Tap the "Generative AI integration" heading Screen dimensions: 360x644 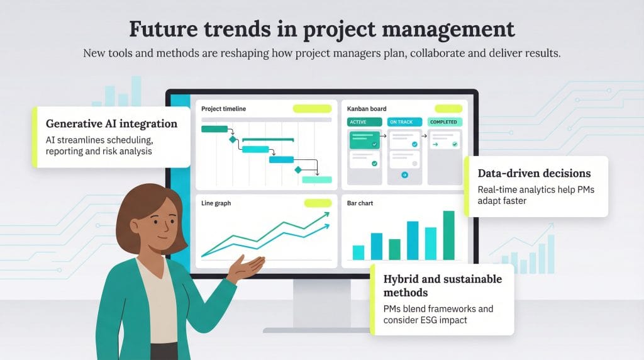[111, 123]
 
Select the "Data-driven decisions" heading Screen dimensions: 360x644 [534, 173]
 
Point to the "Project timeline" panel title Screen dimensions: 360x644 [223, 109]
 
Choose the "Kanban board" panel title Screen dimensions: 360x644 [367, 109]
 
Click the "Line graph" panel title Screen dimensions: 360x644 [216, 203]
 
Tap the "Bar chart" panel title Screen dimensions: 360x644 [360, 203]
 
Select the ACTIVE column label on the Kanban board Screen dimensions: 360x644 [358, 122]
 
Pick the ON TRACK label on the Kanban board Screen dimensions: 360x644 [401, 122]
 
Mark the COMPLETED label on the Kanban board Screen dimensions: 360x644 [444, 122]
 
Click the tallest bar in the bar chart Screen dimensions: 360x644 [448, 235]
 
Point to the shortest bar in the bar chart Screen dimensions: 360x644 [358, 252]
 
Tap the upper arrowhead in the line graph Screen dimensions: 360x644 [326, 215]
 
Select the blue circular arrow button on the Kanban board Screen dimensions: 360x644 [404, 176]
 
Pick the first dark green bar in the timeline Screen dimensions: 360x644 [214, 129]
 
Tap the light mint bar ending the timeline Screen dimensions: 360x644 [317, 179]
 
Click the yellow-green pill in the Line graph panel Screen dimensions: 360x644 [318, 203]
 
